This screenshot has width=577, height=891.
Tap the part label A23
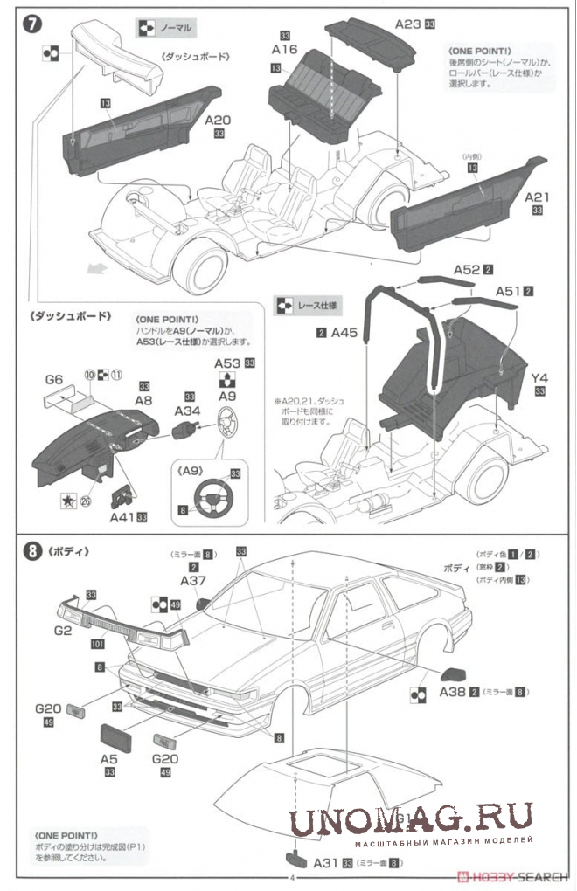407,24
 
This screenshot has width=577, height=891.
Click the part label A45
344,333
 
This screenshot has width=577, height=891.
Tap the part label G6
54,380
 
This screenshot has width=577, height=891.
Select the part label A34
189,411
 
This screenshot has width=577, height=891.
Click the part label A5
109,758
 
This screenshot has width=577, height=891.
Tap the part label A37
193,581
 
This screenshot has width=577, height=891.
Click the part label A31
325,862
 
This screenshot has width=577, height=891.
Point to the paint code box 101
96,645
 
